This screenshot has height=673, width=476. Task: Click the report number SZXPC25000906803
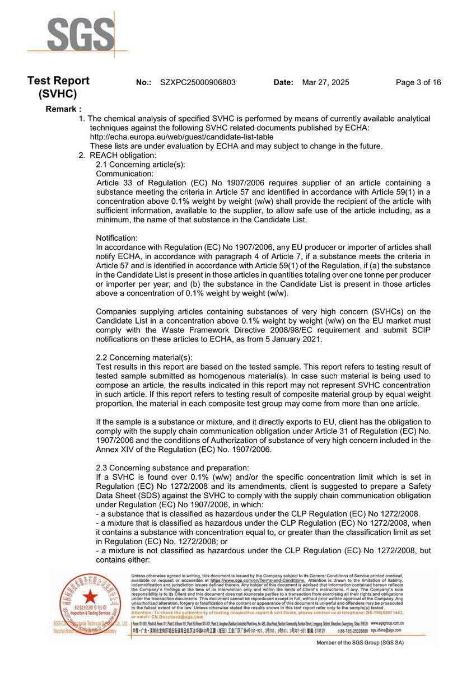(x=198, y=82)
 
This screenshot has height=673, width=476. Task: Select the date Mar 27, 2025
(x=325, y=82)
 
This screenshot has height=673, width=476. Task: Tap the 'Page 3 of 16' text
(x=418, y=82)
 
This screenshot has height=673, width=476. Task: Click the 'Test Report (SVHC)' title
(x=58, y=87)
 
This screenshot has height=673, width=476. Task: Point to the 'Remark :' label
(x=63, y=109)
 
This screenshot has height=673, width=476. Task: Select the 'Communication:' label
(x=124, y=174)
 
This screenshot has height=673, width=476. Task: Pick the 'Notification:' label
(x=116, y=238)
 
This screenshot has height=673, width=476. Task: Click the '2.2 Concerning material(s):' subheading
(x=144, y=357)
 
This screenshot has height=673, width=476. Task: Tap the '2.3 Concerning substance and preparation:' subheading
(x=172, y=468)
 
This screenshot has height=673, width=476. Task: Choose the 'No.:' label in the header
(x=144, y=82)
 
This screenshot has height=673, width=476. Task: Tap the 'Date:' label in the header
(x=283, y=82)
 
